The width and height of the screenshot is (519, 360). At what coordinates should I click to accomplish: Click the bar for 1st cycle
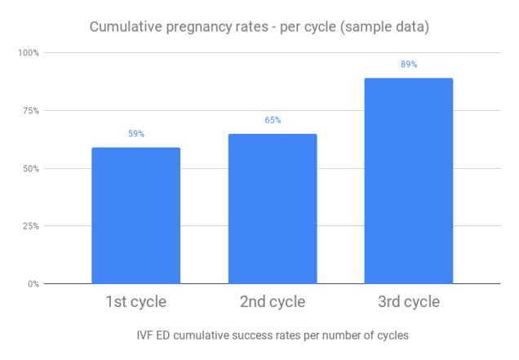pyautogui.click(x=135, y=216)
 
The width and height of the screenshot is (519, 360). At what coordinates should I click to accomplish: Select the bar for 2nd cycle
pyautogui.click(x=273, y=209)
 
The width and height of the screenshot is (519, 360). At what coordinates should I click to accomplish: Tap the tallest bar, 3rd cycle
pyautogui.click(x=408, y=181)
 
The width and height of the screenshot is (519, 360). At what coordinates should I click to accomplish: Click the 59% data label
pyautogui.click(x=135, y=133)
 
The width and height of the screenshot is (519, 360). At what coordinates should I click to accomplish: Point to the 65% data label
pyautogui.click(x=273, y=120)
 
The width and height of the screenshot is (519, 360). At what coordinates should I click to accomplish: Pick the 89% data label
pyautogui.click(x=408, y=64)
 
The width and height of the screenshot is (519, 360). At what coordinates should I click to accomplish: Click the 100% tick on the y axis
pyautogui.click(x=29, y=53)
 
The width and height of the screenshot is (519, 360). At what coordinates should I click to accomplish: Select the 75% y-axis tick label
pyautogui.click(x=31, y=111)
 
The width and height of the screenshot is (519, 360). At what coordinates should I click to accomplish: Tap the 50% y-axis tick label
pyautogui.click(x=31, y=169)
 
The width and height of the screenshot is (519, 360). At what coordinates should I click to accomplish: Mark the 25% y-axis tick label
pyautogui.click(x=31, y=226)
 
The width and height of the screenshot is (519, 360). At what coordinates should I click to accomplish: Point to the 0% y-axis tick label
pyautogui.click(x=33, y=284)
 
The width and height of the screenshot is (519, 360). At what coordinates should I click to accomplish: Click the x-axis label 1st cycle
pyautogui.click(x=135, y=302)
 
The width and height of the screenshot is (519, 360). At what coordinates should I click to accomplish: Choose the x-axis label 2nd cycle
pyautogui.click(x=273, y=302)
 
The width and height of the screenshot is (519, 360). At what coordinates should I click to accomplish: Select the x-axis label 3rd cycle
pyautogui.click(x=408, y=302)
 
